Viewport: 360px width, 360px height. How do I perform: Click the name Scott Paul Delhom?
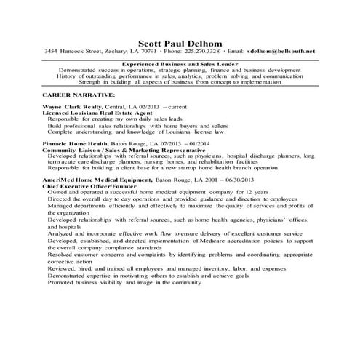[x=180, y=41]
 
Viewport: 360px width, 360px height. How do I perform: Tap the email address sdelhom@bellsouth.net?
[x=281, y=52]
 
